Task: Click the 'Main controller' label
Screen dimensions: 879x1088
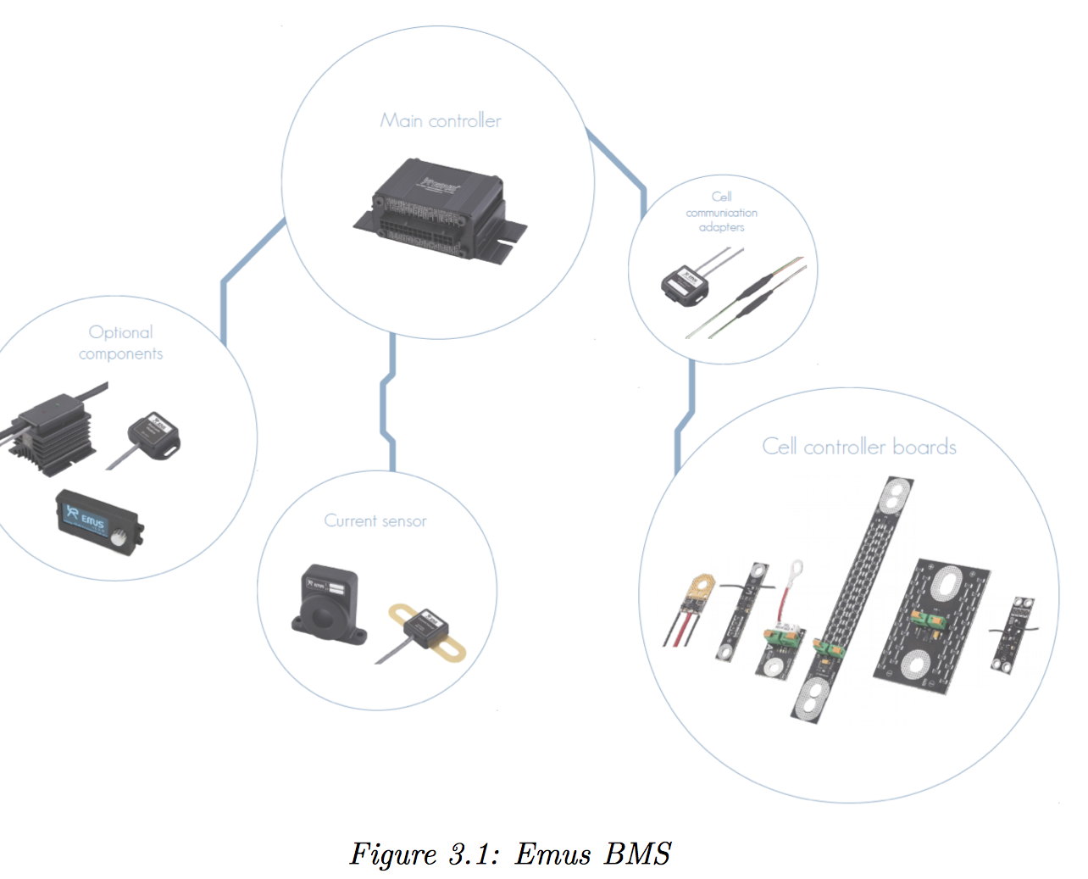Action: click(x=441, y=120)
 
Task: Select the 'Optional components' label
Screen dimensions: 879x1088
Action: click(x=120, y=342)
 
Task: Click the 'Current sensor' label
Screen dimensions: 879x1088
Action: click(x=375, y=520)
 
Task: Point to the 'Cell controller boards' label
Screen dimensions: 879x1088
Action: click(x=859, y=447)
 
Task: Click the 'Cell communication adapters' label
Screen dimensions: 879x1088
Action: click(x=722, y=212)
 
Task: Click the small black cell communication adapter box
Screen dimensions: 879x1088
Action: click(x=684, y=283)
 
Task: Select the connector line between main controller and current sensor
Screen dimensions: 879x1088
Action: click(x=389, y=403)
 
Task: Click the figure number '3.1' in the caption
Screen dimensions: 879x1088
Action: click(x=471, y=854)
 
